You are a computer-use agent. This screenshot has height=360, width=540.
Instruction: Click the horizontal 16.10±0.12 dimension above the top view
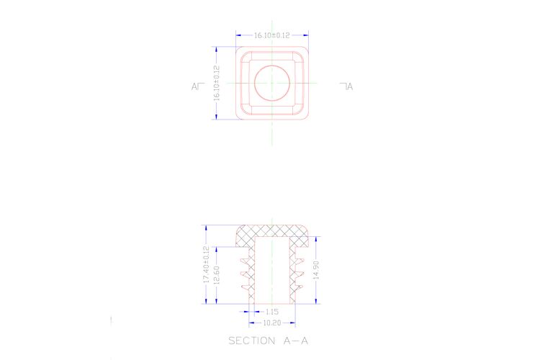pyautogui.click(x=271, y=35)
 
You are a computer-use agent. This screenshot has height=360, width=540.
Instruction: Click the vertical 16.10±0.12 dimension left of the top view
pyautogui.click(x=217, y=84)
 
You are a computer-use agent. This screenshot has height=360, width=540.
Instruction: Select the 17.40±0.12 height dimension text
pyautogui.click(x=207, y=264)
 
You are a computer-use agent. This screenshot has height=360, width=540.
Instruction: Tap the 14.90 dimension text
pyautogui.click(x=317, y=270)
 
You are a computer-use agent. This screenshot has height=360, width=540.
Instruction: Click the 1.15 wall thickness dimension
pyautogui.click(x=271, y=312)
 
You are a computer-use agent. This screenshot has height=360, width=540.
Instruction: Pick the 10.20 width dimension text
pyautogui.click(x=272, y=323)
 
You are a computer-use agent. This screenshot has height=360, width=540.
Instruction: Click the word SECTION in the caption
pyautogui.click(x=252, y=341)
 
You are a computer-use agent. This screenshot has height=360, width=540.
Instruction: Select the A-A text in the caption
pyautogui.click(x=295, y=341)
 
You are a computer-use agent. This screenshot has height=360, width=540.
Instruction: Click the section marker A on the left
pyautogui.click(x=194, y=86)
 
